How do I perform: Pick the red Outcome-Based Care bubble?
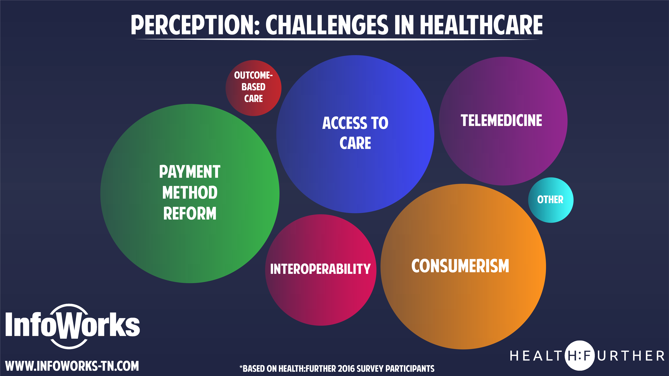253,88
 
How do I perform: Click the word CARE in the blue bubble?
355,143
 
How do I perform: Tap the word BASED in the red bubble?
253,87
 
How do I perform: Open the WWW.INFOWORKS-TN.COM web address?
72,366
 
